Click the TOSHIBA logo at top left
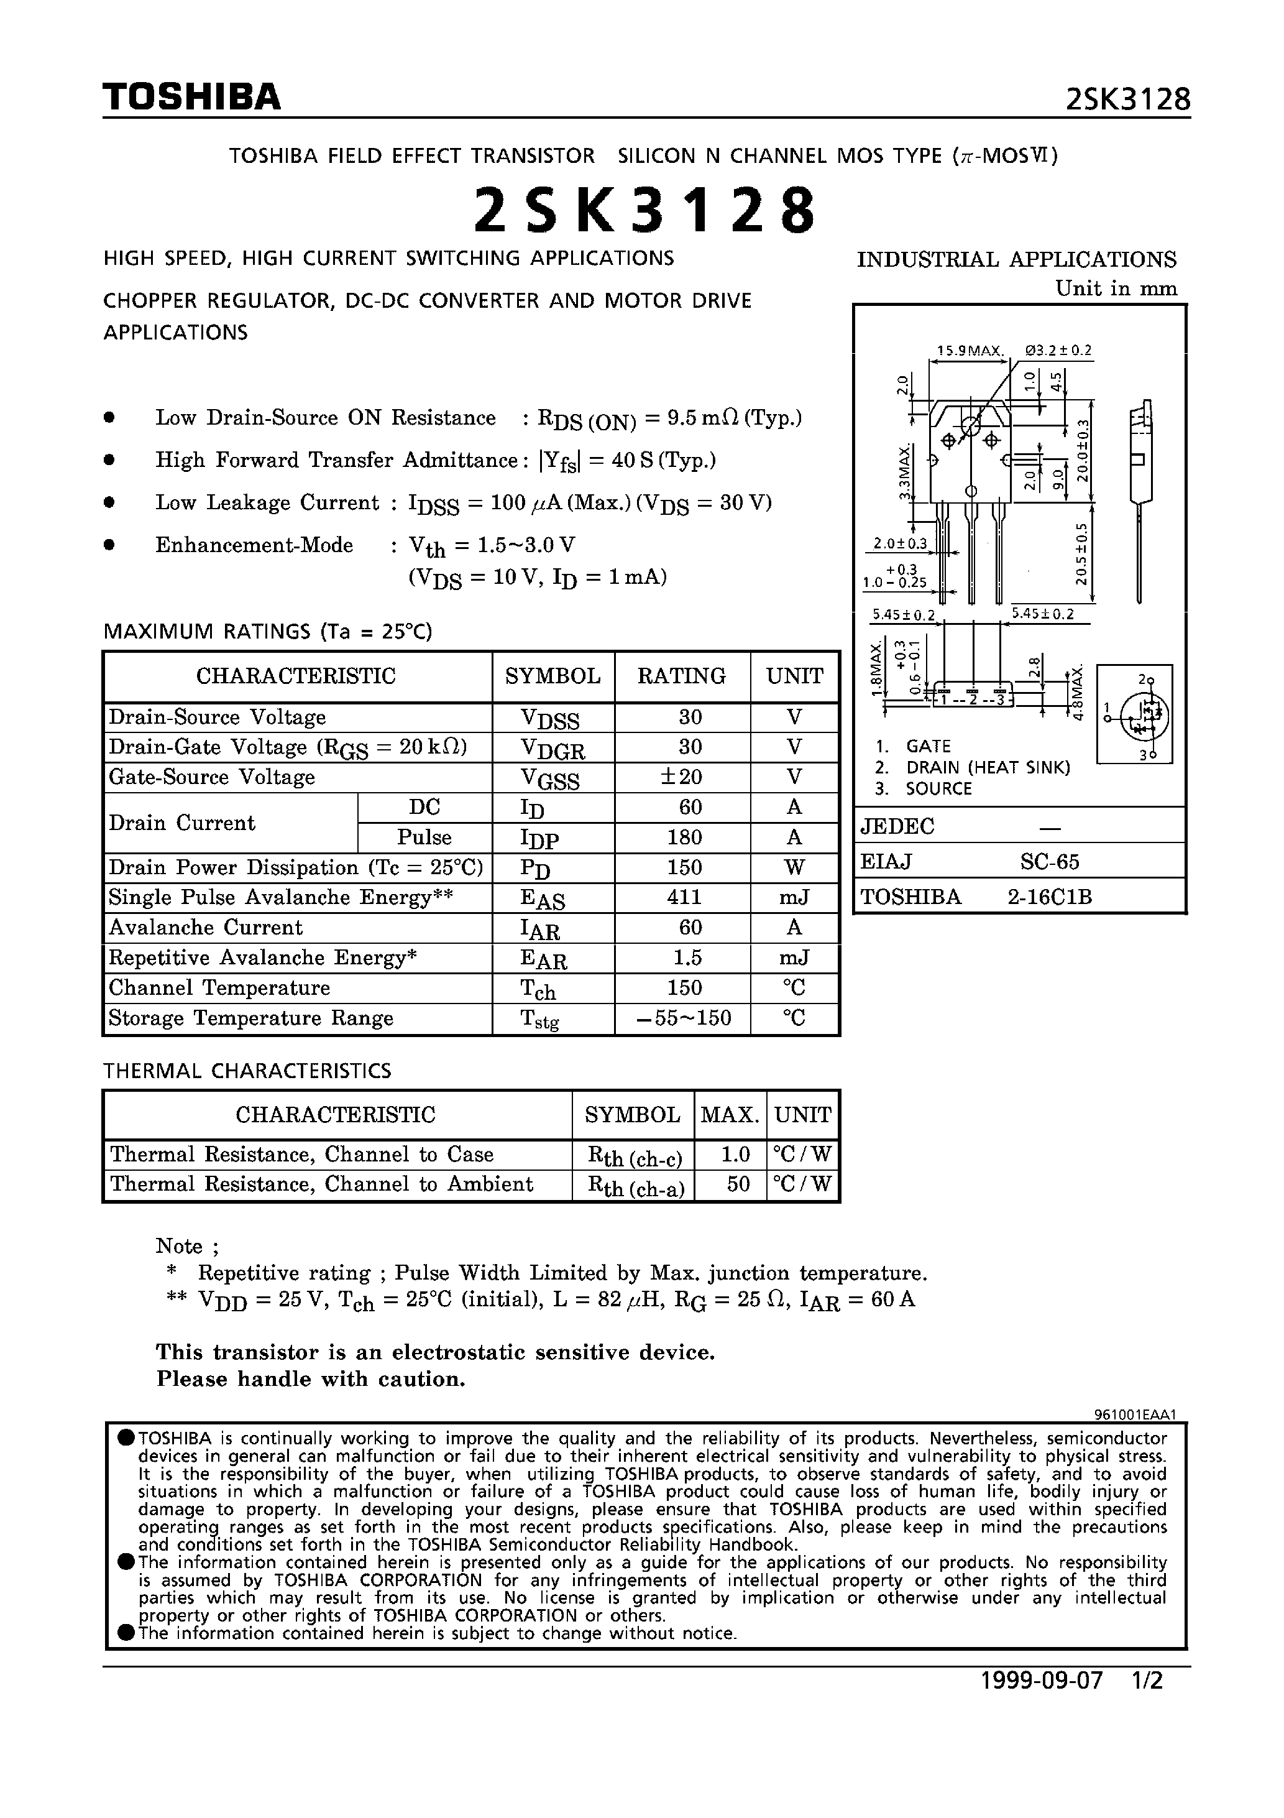tap(191, 96)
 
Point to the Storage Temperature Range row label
tap(251, 1018)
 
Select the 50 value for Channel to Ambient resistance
tap(737, 1184)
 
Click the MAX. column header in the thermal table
tap(730, 1115)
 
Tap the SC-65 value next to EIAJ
tap(1049, 862)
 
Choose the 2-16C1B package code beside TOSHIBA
tap(1049, 897)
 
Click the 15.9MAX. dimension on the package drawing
tap(970, 351)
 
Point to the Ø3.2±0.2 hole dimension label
tap(1058, 350)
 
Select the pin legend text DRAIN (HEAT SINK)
tap(988, 767)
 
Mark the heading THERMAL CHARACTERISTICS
tap(247, 1071)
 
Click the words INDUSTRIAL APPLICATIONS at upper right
tap(1016, 260)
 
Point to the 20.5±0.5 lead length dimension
tap(1081, 554)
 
